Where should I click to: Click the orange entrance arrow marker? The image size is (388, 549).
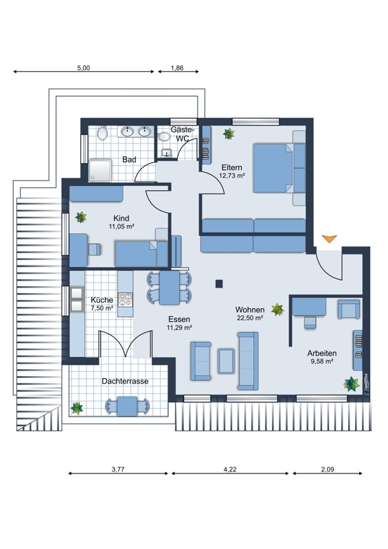[x=329, y=238]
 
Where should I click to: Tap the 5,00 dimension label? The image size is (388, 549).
[x=83, y=68]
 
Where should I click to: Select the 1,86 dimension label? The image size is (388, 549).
[x=177, y=68]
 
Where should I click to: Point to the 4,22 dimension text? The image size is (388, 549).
[x=230, y=469]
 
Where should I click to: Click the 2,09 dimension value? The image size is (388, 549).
[x=328, y=469]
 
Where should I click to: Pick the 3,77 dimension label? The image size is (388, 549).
[x=117, y=469]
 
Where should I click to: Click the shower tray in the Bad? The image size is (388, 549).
[x=100, y=170]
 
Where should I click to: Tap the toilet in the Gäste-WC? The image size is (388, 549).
[x=163, y=136]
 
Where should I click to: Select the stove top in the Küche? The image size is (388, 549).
[x=125, y=300]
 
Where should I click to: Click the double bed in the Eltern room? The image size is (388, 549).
[x=279, y=168]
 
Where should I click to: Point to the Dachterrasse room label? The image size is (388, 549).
[x=125, y=382]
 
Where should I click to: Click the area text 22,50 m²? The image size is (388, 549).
[x=249, y=318]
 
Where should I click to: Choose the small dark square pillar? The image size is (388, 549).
[x=219, y=283]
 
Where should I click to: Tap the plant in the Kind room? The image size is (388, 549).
[x=81, y=218]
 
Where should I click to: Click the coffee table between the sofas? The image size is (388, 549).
[x=226, y=361]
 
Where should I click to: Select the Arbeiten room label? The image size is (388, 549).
[x=322, y=353]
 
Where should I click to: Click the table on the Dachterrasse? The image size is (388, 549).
[x=127, y=406]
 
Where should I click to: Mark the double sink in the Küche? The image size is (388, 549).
[x=77, y=299]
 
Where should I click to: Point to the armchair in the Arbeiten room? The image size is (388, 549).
[x=349, y=309]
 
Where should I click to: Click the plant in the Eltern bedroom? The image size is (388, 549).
[x=229, y=133]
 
